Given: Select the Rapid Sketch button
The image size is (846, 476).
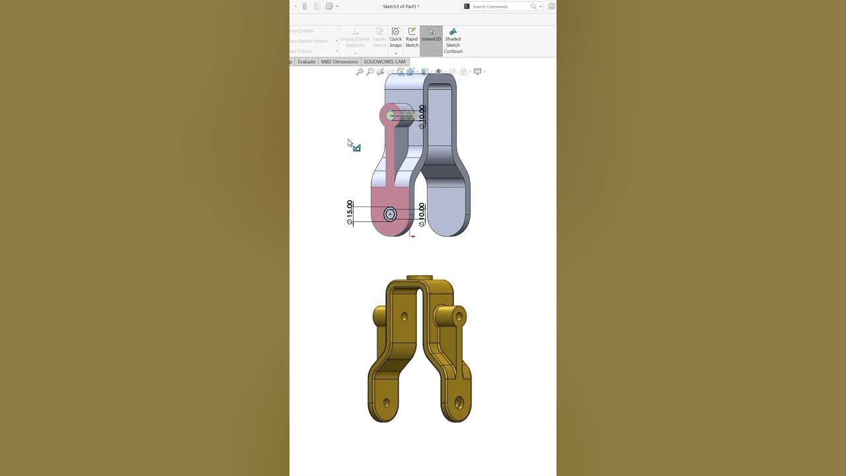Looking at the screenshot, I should (x=412, y=38).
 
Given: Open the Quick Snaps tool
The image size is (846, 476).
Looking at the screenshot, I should (x=395, y=38).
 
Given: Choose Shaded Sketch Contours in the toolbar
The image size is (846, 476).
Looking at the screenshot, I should (x=453, y=40).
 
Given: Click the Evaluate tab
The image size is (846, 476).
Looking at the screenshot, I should (x=306, y=61).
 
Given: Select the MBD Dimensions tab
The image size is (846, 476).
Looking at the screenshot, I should (x=339, y=61).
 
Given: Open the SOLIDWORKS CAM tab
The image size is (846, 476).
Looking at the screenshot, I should (x=384, y=61).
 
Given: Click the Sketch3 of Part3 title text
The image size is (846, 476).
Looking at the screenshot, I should (x=401, y=7).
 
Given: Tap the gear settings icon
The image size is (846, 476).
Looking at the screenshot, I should (x=328, y=7).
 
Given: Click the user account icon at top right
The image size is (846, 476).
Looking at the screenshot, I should (x=551, y=7).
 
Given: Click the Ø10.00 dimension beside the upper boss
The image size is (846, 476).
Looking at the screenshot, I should (x=422, y=116).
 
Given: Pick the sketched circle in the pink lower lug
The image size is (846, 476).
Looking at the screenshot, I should (x=390, y=214).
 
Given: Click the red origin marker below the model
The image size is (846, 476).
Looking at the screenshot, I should (x=411, y=234).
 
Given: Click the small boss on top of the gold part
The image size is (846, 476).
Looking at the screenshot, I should (x=419, y=278).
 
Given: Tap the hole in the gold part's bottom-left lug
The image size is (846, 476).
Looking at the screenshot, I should (x=386, y=401).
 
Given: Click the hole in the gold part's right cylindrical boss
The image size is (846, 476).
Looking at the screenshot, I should (x=459, y=317).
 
